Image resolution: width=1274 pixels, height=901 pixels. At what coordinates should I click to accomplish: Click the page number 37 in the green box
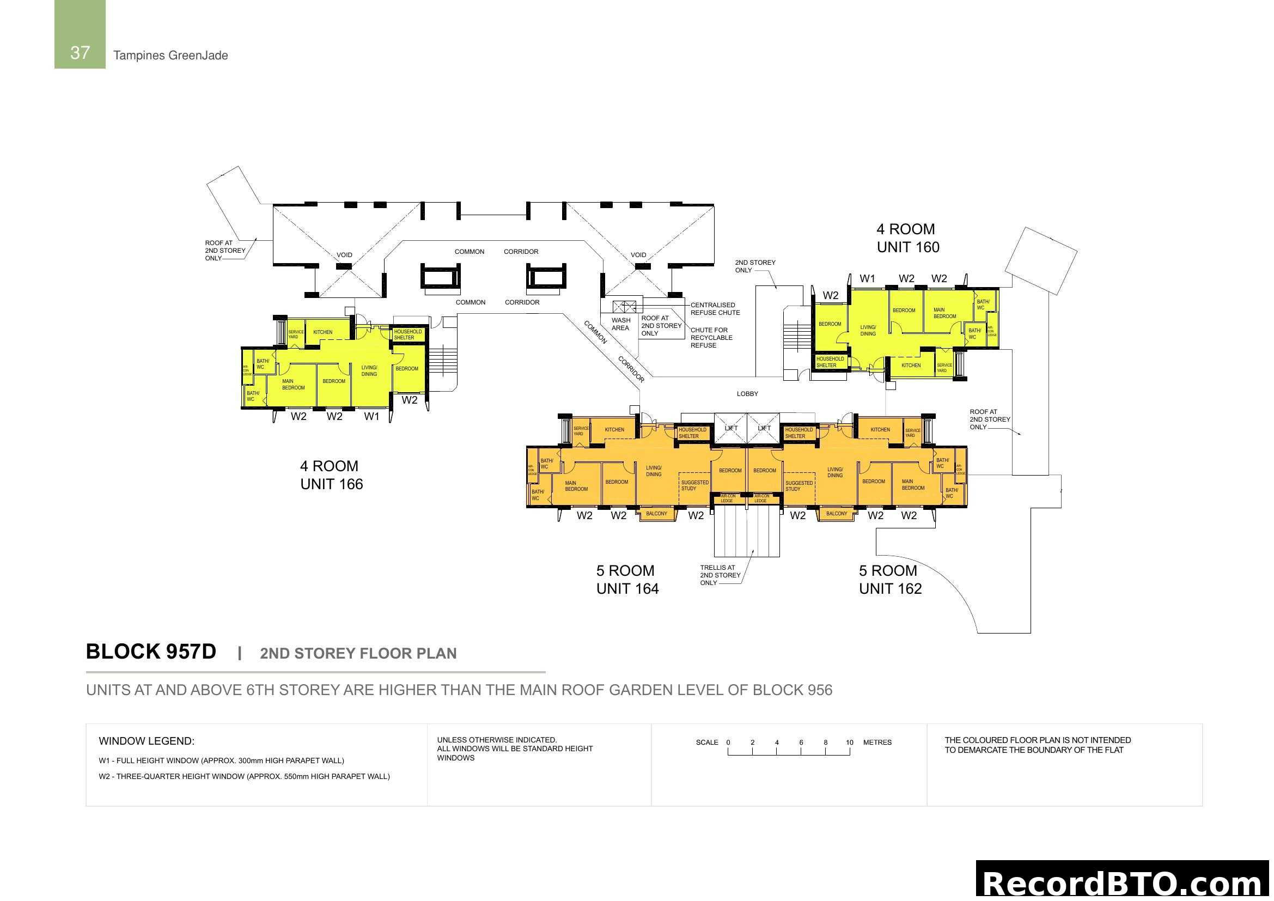80,53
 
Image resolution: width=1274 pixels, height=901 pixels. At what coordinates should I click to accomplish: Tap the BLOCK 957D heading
151,652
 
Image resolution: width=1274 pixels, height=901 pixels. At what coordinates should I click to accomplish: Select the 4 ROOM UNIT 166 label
331,475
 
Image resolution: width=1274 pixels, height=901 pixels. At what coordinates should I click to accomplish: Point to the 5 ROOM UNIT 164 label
627,580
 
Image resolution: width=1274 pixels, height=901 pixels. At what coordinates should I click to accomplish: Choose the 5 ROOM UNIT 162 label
890,580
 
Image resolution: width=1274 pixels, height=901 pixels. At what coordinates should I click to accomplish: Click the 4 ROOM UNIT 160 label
908,238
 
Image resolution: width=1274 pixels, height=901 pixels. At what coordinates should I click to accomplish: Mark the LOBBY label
747,394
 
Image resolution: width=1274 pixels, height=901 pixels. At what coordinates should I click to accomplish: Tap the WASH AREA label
620,324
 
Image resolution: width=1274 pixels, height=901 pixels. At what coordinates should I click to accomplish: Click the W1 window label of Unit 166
371,417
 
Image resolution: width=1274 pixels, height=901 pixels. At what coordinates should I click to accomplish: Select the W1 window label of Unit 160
867,279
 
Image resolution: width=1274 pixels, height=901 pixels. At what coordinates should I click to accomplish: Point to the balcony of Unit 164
656,514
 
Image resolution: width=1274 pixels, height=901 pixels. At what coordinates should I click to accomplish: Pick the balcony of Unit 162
836,514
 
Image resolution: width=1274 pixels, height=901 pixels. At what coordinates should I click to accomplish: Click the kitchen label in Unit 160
911,366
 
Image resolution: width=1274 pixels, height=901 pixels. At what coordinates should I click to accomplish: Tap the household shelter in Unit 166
408,334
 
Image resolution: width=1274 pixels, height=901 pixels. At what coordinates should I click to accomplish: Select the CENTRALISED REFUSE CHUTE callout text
715,309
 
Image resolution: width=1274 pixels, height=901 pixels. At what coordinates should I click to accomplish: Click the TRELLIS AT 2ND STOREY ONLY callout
720,575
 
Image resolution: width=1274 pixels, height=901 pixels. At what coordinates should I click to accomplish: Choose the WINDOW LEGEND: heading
147,741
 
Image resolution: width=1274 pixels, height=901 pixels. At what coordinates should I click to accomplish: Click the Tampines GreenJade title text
170,56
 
